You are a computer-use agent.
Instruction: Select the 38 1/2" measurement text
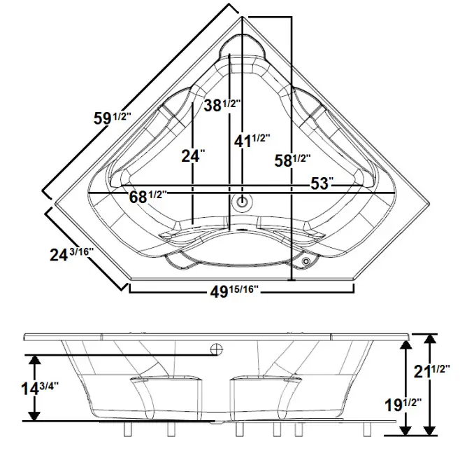[x=222, y=106]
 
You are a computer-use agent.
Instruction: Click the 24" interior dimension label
[x=192, y=156]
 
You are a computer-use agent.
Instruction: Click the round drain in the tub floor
[x=243, y=202]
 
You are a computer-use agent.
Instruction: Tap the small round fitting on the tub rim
[x=306, y=261]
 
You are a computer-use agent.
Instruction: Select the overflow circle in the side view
[x=217, y=347]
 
